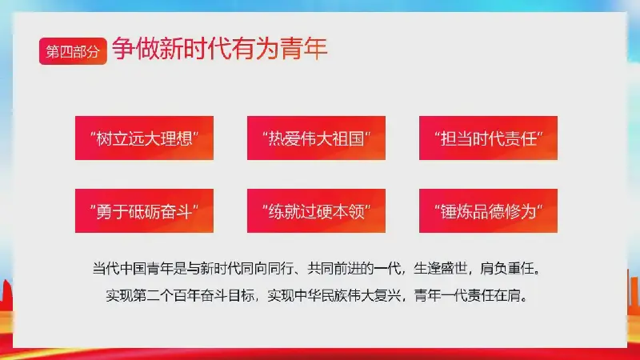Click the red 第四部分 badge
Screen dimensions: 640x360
tap(73, 51)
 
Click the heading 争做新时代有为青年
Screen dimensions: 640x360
tap(219, 49)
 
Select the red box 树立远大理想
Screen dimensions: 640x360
tap(144, 138)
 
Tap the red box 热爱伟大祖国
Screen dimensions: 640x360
tap(316, 138)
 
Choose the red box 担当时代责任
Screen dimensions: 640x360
tap(488, 138)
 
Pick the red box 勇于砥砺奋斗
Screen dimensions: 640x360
tap(144, 210)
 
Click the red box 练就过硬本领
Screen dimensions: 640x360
tap(316, 210)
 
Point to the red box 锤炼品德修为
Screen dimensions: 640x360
tap(488, 210)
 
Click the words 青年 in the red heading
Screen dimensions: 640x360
tap(303, 49)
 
